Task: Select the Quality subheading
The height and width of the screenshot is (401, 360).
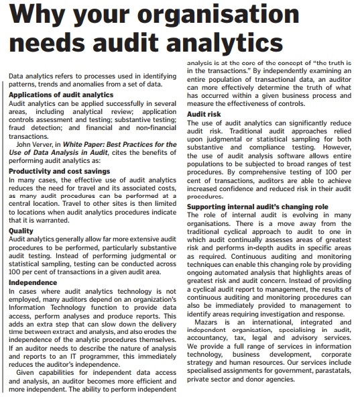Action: (x=21, y=230)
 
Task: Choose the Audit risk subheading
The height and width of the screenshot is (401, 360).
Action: (x=205, y=115)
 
